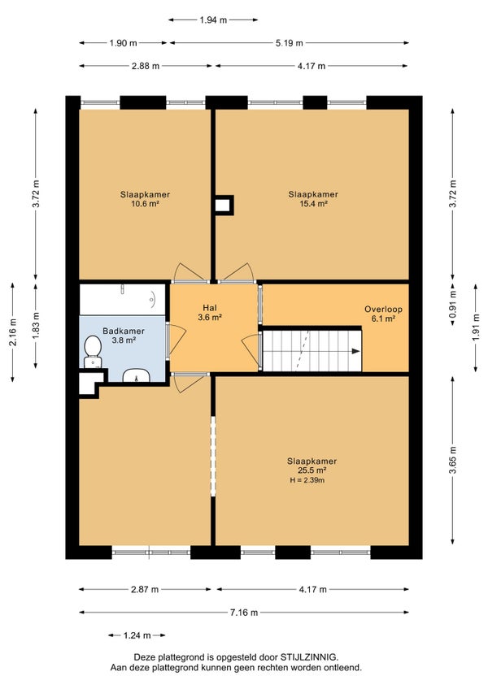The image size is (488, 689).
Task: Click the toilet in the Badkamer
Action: coord(93,352)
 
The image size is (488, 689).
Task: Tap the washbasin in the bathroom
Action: coord(137,375)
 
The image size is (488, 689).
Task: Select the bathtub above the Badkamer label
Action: coord(123,300)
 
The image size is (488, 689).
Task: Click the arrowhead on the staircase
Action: coord(355,351)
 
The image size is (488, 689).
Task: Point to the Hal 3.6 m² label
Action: coord(210,313)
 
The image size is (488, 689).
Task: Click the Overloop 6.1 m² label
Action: coord(383,314)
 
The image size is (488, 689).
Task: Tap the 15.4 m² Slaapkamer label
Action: coord(313,198)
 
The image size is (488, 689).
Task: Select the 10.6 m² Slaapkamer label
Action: coord(145,198)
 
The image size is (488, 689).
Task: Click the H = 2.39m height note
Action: coord(307,480)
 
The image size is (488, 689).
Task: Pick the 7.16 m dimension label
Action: coord(244,612)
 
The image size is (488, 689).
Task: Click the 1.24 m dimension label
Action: coord(137,635)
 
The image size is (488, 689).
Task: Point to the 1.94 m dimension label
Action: coord(213,19)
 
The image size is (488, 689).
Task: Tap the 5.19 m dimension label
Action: coord(289,42)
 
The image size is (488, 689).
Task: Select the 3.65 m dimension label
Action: coord(452,460)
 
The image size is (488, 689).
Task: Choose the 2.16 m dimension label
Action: coord(13,331)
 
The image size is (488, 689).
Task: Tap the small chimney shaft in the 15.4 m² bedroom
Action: coord(224,206)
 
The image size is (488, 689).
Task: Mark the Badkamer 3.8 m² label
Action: coord(123,336)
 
